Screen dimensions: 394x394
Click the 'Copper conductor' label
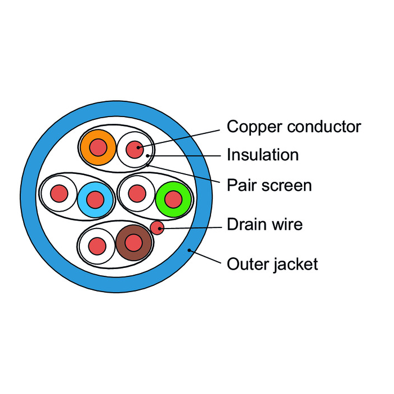coord(293,127)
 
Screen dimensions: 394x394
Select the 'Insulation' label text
coord(262,155)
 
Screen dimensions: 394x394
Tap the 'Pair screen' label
coord(269,185)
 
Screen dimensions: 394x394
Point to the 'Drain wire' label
coord(265,225)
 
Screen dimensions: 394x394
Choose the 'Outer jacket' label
coord(272,263)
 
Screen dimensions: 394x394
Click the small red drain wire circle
coord(157,227)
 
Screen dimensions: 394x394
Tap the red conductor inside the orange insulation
coord(98,147)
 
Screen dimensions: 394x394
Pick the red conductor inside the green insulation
coord(174,199)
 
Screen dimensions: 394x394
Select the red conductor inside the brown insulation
coord(134,243)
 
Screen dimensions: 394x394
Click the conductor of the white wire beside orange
coord(135,150)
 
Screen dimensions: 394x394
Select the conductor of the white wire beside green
coord(136,193)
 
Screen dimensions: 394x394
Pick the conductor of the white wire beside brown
coord(97,246)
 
